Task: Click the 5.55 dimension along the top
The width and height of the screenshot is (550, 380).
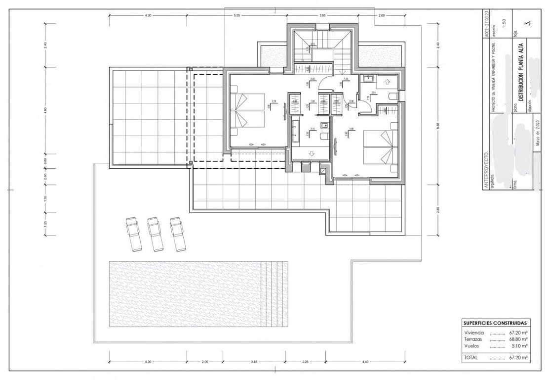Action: (237, 16)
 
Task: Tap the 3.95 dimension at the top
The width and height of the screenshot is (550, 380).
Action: (322, 16)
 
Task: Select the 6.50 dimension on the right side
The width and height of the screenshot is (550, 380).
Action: (437, 127)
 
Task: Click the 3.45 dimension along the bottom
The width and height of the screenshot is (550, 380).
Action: (254, 362)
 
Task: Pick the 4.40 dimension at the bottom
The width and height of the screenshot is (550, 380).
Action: (365, 362)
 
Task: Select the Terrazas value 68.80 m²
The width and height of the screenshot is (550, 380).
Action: (517, 340)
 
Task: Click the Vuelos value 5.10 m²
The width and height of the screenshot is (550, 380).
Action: (519, 346)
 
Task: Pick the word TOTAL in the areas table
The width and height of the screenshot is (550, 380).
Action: (471, 357)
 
